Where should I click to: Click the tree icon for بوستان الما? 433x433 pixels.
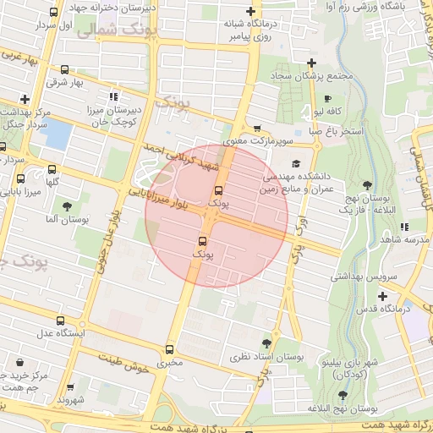click(67, 206)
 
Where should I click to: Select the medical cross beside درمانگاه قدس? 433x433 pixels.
click(384, 296)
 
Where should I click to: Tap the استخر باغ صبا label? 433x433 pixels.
click(336, 132)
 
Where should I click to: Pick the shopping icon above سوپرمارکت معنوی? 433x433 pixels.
click(256, 129)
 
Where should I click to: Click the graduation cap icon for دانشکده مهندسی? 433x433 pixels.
click(295, 163)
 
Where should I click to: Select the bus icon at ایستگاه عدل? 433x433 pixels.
click(59, 321)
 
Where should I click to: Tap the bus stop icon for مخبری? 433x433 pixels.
click(170, 348)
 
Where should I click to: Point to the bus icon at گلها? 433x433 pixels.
click(52, 167)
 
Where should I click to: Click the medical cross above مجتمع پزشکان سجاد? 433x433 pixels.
click(312, 62)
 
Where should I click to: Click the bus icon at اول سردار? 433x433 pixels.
click(54, 13)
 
